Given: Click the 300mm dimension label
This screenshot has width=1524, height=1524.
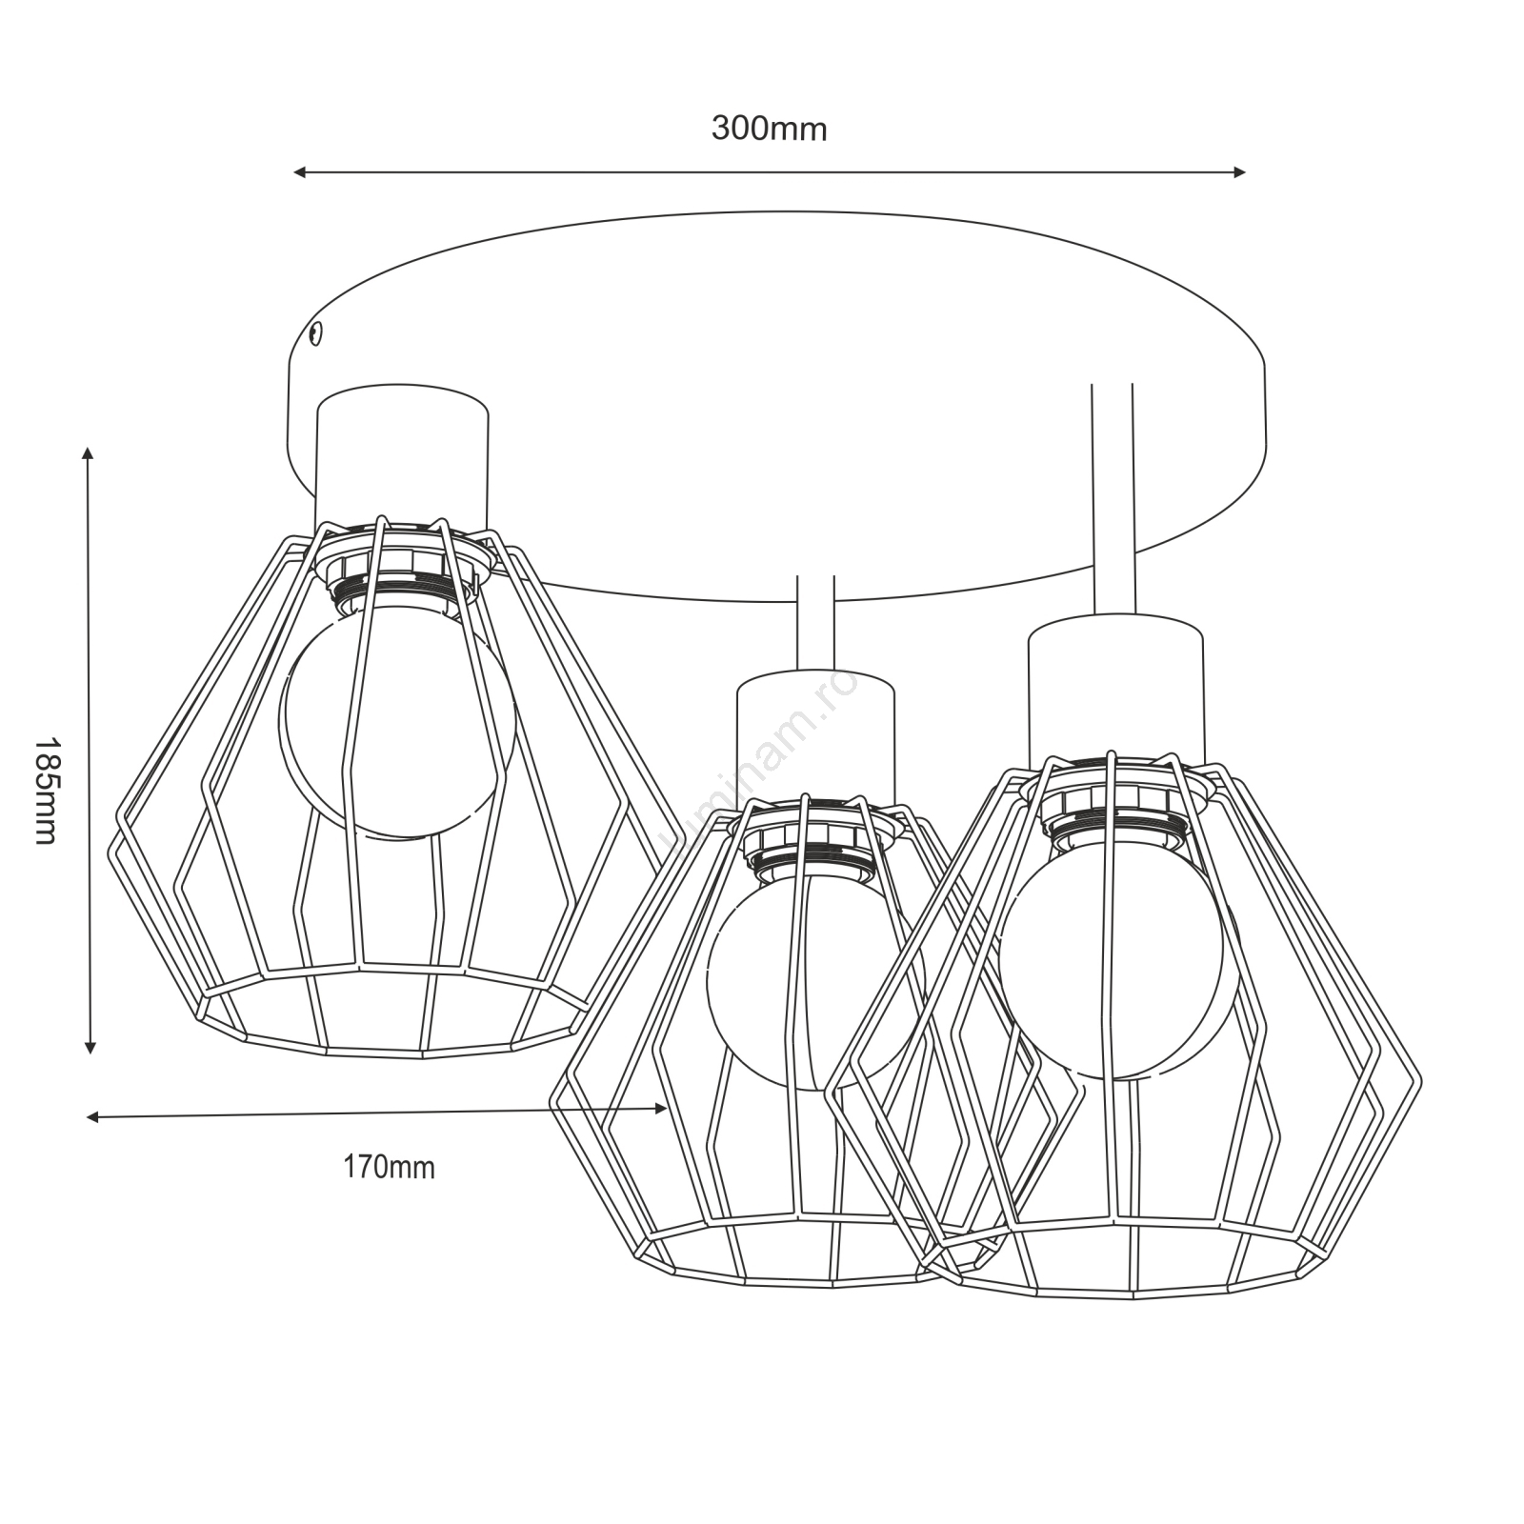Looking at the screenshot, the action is coord(769,129).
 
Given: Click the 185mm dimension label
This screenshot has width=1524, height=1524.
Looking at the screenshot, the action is coord(46,790).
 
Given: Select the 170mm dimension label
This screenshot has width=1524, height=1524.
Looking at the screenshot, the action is coord(389,1167).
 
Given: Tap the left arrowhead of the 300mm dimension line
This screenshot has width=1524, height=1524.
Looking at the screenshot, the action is coord(299,172).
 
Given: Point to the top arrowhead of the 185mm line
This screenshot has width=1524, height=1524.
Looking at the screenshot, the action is coord(89,452).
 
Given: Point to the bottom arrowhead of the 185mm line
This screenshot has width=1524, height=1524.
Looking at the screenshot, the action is coord(90,1048).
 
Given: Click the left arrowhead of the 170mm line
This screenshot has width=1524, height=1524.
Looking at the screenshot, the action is coord(92,1117).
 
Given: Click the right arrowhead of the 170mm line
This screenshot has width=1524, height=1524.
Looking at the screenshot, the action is coord(661,1108).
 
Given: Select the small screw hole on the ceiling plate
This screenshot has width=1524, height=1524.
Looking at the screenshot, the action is coord(316,332).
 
